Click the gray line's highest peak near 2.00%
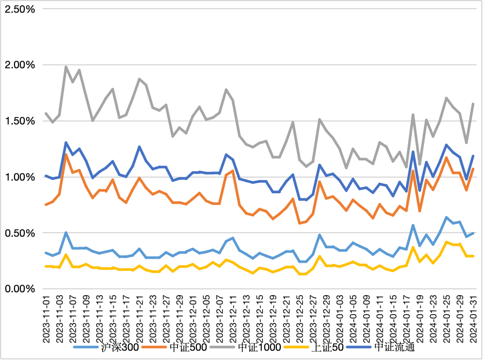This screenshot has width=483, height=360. (x=66, y=67)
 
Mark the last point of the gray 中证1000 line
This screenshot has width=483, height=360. (x=473, y=104)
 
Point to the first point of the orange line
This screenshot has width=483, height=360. (x=46, y=205)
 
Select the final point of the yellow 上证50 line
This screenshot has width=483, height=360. (x=473, y=256)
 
